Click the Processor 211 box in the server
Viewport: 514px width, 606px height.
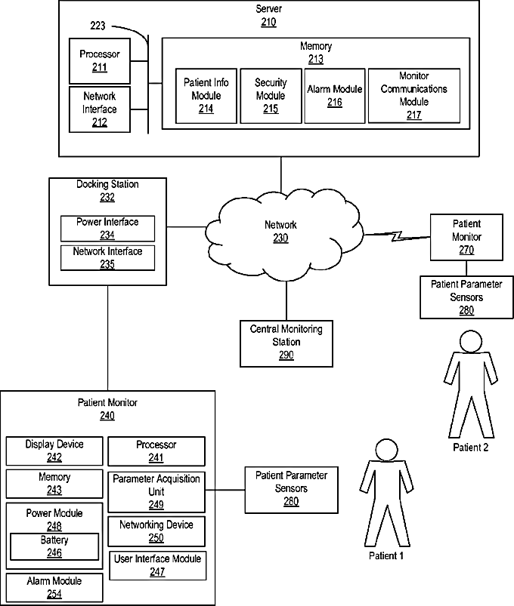pyautogui.click(x=100, y=61)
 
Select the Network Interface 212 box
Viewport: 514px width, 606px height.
pyautogui.click(x=100, y=109)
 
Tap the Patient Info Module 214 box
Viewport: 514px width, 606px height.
pyautogui.click(x=206, y=96)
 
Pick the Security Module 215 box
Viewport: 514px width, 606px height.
pyautogui.click(x=271, y=96)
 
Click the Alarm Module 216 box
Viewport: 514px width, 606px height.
pyautogui.click(x=334, y=96)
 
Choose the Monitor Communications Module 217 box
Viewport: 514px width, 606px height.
pyautogui.click(x=413, y=96)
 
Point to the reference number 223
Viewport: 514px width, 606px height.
pyautogui.click(x=98, y=26)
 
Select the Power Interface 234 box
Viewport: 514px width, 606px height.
pyautogui.click(x=107, y=229)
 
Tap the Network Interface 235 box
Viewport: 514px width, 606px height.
pyautogui.click(x=107, y=258)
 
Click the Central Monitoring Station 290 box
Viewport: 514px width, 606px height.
pyautogui.click(x=286, y=343)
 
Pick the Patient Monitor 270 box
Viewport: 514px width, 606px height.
pyautogui.click(x=466, y=237)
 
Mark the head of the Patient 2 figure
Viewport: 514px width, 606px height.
pyautogui.click(x=471, y=341)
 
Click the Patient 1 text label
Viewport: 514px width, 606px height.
pyautogui.click(x=386, y=555)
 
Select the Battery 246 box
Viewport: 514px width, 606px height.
pyautogui.click(x=54, y=546)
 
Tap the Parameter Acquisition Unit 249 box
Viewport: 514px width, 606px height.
pyautogui.click(x=156, y=492)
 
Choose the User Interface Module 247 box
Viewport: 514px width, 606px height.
pyautogui.click(x=157, y=565)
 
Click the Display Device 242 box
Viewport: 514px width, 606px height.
pyautogui.click(x=54, y=451)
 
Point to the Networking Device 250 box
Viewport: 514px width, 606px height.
pyautogui.click(x=156, y=531)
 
